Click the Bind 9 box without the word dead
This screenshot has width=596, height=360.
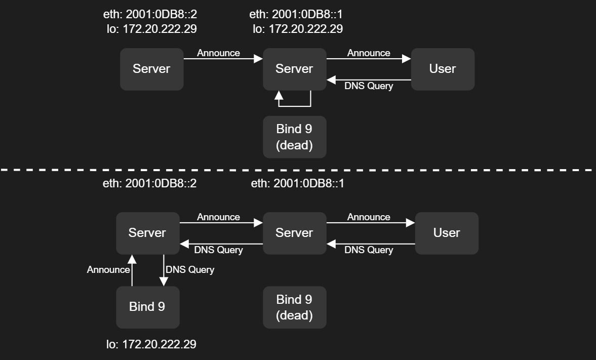(x=147, y=307)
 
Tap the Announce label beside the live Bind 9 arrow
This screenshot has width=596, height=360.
(x=108, y=270)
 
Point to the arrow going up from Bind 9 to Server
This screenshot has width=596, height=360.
(x=132, y=270)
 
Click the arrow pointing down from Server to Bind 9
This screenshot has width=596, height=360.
(x=164, y=270)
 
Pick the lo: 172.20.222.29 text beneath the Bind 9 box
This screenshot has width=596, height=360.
(x=151, y=344)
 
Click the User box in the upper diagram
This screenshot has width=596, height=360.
(x=442, y=69)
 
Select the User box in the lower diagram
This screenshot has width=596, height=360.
(x=446, y=233)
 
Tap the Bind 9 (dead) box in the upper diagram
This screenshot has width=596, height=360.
(x=294, y=137)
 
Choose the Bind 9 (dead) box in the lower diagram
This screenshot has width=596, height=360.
(x=294, y=307)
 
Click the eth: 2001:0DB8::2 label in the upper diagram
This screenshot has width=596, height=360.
(x=149, y=14)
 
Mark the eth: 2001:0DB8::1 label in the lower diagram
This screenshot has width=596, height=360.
(x=297, y=183)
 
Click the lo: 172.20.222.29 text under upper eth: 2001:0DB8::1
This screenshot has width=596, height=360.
(x=298, y=29)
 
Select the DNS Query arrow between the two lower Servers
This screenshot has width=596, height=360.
(x=221, y=244)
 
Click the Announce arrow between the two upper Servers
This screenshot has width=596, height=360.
(x=223, y=59)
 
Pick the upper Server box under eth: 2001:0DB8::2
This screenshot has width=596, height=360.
(x=151, y=69)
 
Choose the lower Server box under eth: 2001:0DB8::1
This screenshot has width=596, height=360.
(x=294, y=233)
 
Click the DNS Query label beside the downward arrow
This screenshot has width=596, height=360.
(x=190, y=270)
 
